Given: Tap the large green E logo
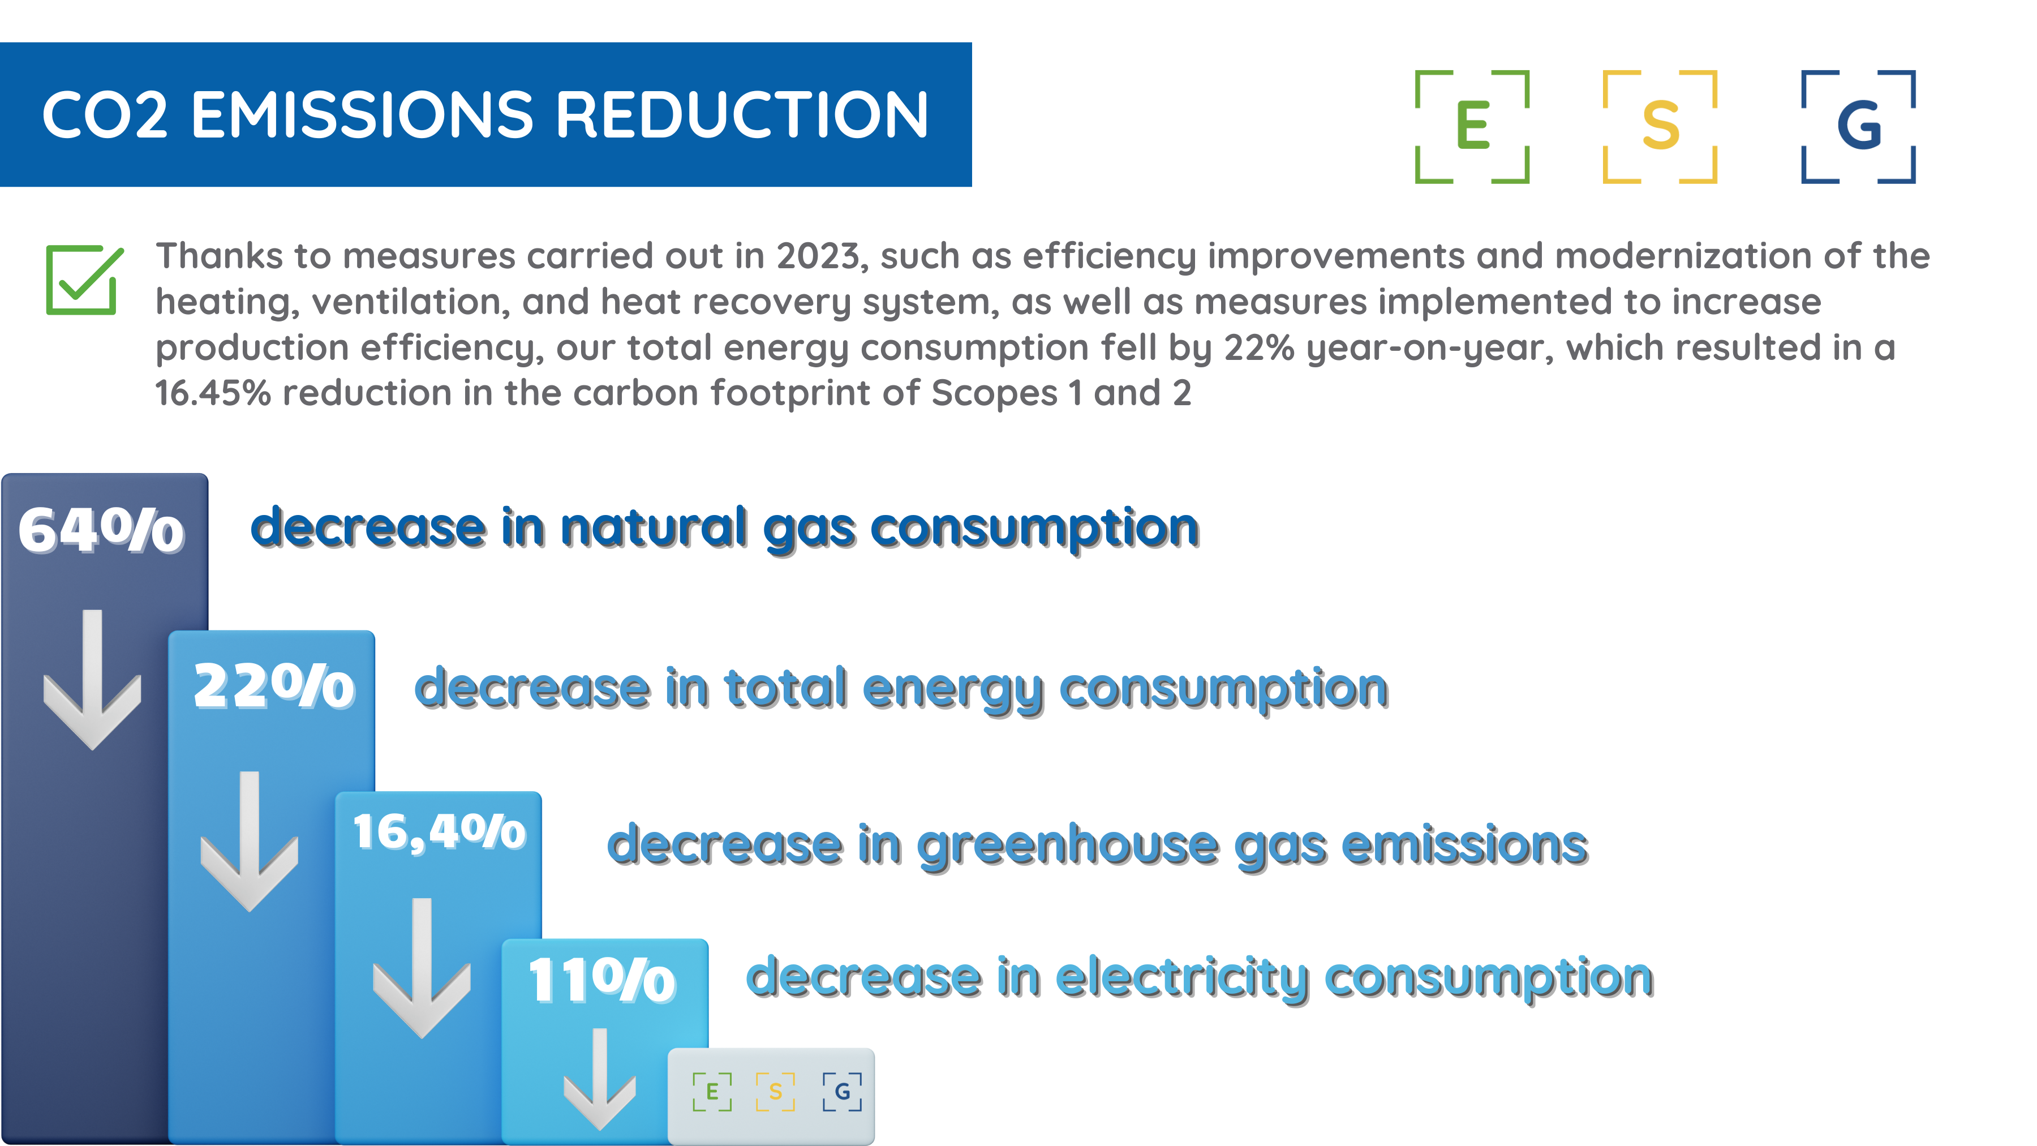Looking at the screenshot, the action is (x=1472, y=127).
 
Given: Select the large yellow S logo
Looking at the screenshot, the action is (x=1659, y=127).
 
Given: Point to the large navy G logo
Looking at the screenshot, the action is (x=1858, y=127).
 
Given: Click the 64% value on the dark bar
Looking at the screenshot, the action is (x=101, y=530).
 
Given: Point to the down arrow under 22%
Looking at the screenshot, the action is (x=249, y=842).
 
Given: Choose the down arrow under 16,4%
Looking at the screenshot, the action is (x=422, y=968).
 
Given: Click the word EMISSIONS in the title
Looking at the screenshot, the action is (x=362, y=115).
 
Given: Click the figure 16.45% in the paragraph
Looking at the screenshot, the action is (x=213, y=393).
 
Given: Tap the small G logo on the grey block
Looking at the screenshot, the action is (x=842, y=1092).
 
